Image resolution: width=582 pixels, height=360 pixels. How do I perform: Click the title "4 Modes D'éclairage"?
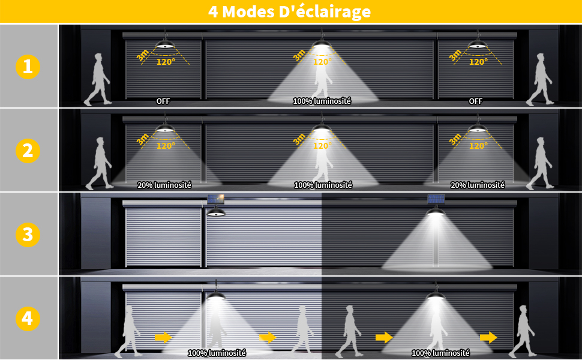point(290,11)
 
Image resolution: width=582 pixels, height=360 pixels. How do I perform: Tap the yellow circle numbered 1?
point(28,67)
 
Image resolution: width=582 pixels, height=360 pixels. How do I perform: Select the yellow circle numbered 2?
point(28,151)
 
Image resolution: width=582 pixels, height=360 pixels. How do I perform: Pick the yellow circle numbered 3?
point(28,235)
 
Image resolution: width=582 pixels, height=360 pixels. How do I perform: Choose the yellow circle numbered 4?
point(28,319)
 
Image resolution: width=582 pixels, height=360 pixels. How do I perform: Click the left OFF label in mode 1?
point(163,101)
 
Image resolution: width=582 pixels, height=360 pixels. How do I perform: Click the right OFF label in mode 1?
point(475,101)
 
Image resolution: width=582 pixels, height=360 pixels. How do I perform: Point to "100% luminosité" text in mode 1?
point(322,101)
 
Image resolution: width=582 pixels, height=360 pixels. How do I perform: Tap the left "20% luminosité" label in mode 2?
point(164,185)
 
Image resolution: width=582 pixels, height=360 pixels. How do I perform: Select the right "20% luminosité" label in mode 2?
point(478,185)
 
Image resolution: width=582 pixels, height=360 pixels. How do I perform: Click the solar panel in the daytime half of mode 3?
point(215,199)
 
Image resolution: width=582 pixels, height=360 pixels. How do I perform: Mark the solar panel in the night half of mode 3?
point(436,199)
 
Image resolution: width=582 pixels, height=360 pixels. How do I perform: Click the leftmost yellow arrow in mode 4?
point(163,337)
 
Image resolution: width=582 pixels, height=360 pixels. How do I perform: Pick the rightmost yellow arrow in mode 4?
point(488,337)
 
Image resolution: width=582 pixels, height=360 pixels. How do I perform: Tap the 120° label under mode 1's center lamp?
point(323,62)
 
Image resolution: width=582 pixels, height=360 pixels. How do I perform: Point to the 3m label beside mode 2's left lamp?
point(143,139)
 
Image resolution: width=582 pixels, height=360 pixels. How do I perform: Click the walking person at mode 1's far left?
point(97,79)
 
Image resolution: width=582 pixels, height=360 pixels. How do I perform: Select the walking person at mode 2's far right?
point(539,164)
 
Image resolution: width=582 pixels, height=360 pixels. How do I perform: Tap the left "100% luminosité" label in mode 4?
point(217,353)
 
